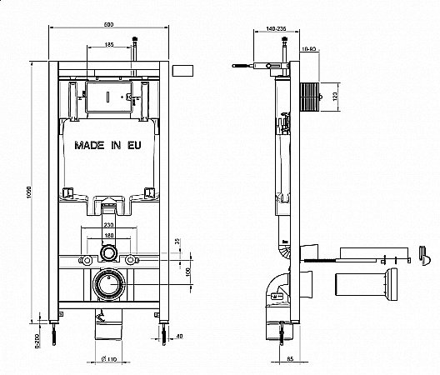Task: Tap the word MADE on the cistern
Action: (x=88, y=144)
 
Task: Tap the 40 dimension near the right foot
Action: (x=179, y=337)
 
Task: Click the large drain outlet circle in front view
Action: (x=110, y=285)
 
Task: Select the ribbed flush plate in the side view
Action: (x=311, y=97)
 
